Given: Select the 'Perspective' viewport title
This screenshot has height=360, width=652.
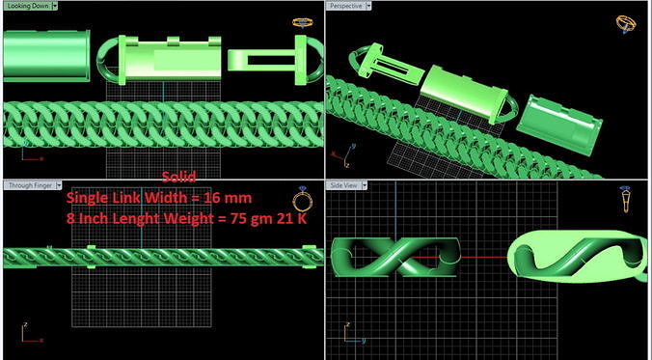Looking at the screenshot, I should (346, 5).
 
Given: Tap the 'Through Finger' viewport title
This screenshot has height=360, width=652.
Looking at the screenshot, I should (28, 184).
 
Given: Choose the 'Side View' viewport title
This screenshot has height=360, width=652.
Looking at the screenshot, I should (344, 184).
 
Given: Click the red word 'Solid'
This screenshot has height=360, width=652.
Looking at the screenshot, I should (178, 177).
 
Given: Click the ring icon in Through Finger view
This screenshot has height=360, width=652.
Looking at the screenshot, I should (302, 200).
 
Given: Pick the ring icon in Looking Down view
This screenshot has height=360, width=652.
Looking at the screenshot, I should (302, 20).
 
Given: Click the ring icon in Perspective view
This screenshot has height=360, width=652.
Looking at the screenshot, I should (627, 22).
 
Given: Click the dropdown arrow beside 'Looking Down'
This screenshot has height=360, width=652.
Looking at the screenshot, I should (55, 5).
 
